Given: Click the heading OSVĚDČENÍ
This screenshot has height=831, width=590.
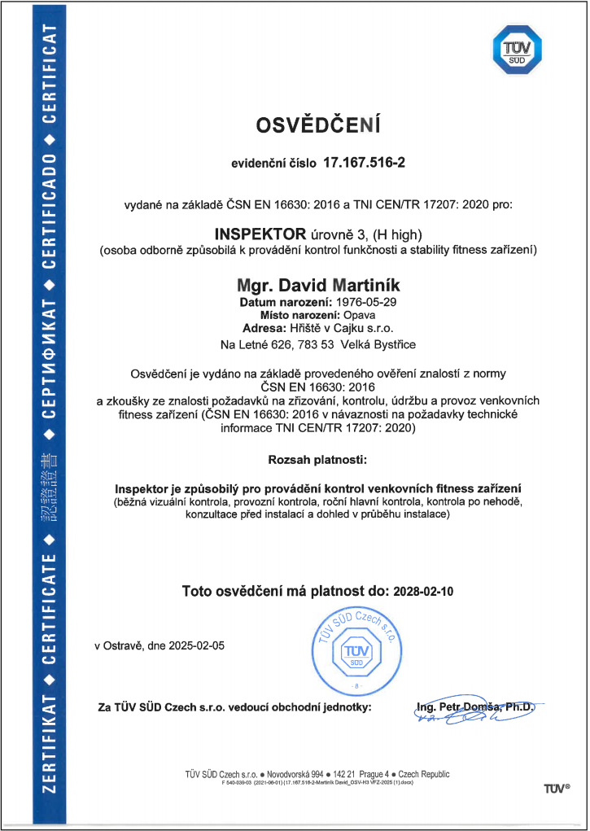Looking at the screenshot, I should click(x=318, y=126).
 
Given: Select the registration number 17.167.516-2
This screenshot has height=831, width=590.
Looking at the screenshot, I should click(x=365, y=163).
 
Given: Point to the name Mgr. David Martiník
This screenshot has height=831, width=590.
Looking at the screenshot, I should click(x=318, y=286).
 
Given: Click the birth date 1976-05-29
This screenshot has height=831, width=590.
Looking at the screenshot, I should click(x=343, y=303).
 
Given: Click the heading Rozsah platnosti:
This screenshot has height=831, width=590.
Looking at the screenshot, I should click(x=317, y=460).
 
